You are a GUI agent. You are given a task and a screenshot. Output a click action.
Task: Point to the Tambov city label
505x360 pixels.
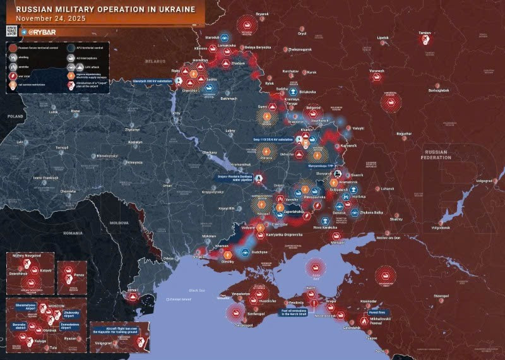pyautogui.click(x=424, y=32)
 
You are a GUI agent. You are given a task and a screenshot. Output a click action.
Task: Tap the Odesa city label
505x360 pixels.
pyautogui.click(x=167, y=259)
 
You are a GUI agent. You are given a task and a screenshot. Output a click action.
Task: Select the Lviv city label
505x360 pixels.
pyautogui.click(x=20, y=142)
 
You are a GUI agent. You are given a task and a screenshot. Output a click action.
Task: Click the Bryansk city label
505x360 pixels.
pyautogui.click(x=261, y=14)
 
